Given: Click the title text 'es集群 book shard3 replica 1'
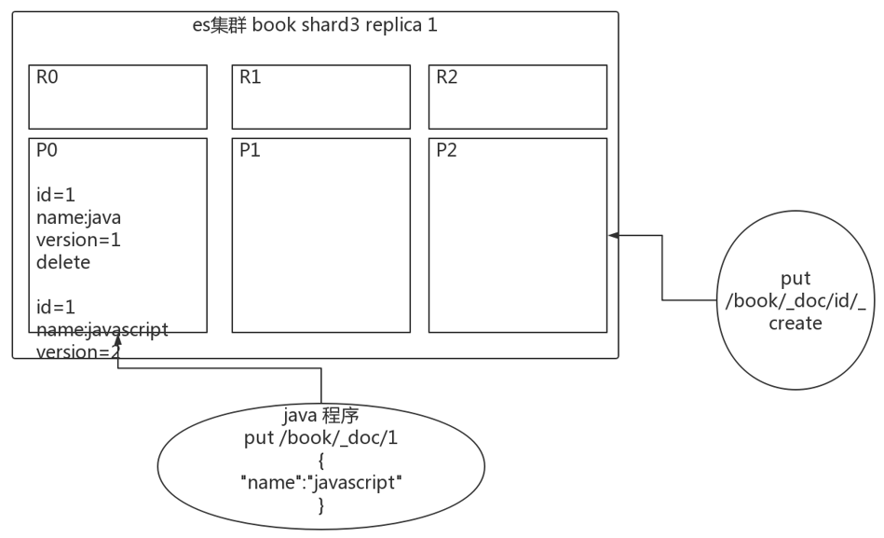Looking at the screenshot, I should point(314,25).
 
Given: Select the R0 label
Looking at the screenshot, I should point(47,77).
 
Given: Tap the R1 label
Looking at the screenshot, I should point(250,77).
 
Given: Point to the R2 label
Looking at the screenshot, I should point(447,77).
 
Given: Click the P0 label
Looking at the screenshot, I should point(47,151).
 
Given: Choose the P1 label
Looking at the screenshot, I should point(250,151).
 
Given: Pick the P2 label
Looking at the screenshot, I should point(447,151).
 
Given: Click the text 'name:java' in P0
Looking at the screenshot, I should point(78,216).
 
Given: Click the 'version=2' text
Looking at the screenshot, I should point(78,351).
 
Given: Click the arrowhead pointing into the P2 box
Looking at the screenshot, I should point(614,236).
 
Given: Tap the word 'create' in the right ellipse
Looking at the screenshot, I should point(795,324).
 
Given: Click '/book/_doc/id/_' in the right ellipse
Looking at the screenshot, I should point(795,300).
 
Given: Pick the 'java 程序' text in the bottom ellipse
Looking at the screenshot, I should point(320,414).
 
